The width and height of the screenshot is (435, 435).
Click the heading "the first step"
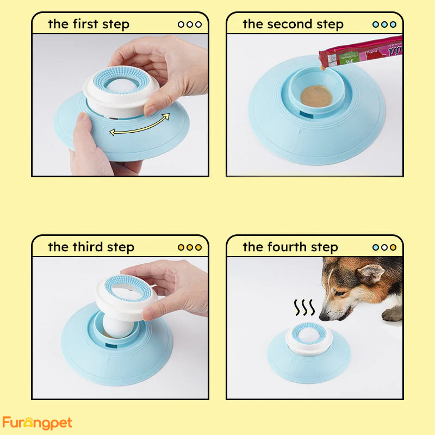[89, 24]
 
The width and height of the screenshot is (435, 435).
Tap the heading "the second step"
[293, 24]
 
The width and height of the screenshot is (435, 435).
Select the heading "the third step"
[91, 247]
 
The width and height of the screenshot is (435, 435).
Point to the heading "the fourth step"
[290, 247]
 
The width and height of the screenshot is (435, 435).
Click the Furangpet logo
[37, 422]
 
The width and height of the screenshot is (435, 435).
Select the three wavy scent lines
[304, 308]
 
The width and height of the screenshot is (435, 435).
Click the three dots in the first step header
[189, 24]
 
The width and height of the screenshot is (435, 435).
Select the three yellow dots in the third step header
[189, 247]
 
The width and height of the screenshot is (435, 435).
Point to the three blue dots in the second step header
[384, 24]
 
